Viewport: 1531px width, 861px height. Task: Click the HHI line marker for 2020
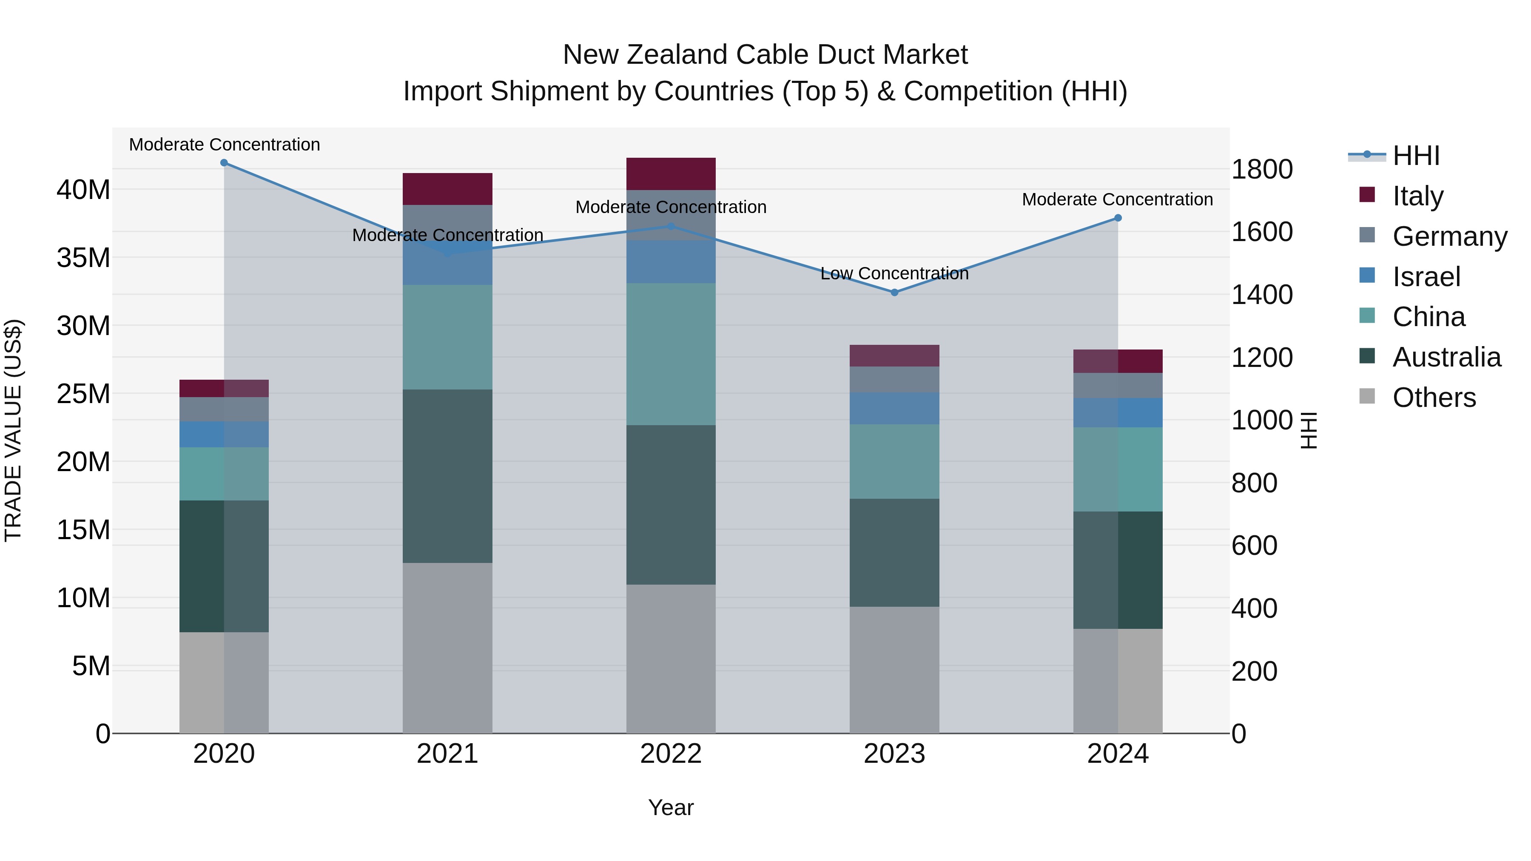(224, 163)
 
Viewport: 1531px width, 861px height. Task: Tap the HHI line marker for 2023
(894, 293)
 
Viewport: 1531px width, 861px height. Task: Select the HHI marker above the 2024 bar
(1118, 218)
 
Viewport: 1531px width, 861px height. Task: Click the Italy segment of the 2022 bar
(671, 174)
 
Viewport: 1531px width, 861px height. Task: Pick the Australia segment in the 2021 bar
(447, 476)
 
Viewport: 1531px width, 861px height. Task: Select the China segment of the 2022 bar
(671, 354)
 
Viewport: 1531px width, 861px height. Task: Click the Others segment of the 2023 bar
(894, 670)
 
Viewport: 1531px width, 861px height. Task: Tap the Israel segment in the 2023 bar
(894, 408)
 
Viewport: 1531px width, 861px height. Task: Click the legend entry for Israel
(1426, 277)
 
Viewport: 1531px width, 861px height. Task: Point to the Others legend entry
(1434, 398)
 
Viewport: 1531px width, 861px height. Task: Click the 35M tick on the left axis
(83, 258)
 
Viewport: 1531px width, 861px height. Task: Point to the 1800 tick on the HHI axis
(1262, 169)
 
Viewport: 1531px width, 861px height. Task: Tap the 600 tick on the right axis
(1254, 546)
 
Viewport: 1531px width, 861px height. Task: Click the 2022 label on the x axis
(671, 754)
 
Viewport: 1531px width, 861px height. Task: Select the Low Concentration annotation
(894, 273)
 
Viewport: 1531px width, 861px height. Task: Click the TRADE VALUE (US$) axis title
(13, 430)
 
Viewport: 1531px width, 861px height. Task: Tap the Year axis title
(671, 807)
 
